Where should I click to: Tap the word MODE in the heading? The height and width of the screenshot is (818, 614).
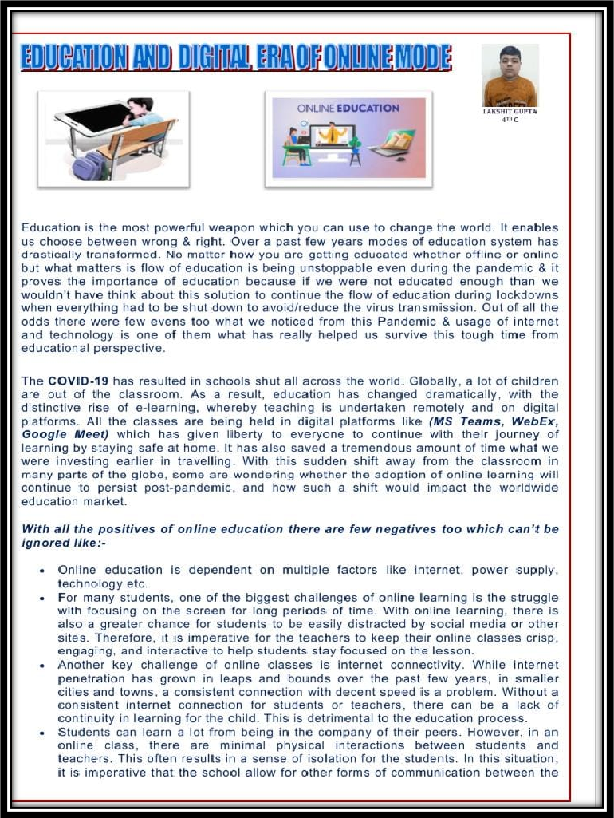(x=423, y=57)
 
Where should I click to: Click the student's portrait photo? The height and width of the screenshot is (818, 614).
(x=510, y=77)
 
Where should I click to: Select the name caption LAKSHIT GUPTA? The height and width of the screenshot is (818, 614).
(x=510, y=112)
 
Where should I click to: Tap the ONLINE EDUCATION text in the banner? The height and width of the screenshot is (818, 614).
(x=348, y=108)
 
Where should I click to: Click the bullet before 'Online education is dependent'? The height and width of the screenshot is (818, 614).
(x=41, y=571)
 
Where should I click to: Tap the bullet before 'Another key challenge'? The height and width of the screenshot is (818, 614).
(x=41, y=665)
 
